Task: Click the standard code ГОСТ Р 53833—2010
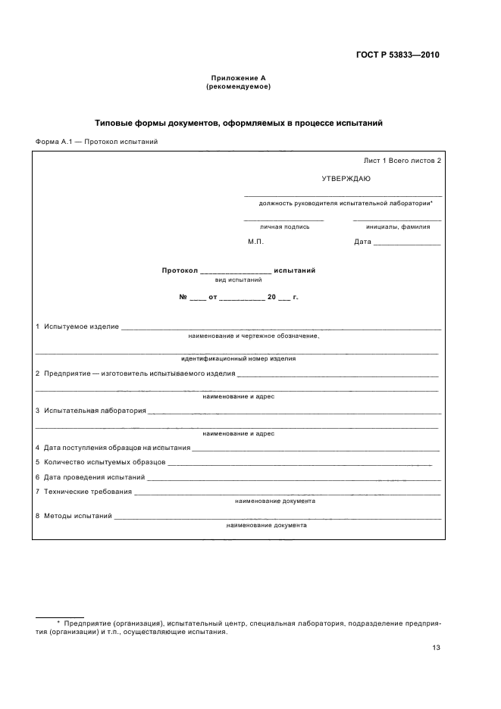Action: click(x=398, y=55)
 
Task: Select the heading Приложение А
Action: click(x=238, y=78)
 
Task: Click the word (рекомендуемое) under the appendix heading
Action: click(x=238, y=86)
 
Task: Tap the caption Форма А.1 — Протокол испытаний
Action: click(x=96, y=142)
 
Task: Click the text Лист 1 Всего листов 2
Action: click(x=402, y=161)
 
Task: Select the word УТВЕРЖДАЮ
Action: click(x=346, y=179)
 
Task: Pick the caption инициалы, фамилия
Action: click(x=397, y=226)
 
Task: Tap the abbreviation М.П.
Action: click(x=255, y=242)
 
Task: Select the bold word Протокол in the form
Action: click(x=180, y=270)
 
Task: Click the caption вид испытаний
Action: click(x=238, y=280)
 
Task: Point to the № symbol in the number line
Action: click(x=183, y=298)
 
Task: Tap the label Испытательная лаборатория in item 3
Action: click(x=95, y=411)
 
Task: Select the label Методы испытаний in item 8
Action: click(x=78, y=516)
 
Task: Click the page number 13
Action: click(x=436, y=648)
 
